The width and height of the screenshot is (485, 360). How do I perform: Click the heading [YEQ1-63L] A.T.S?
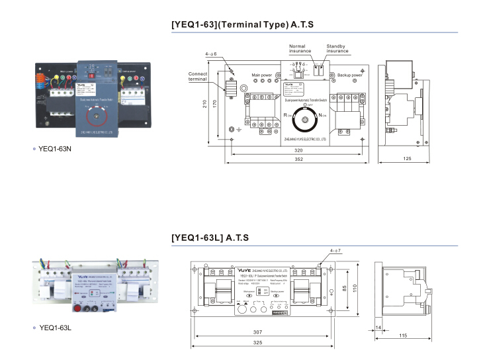tap(210, 238)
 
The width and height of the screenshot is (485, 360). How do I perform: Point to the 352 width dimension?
tap(298, 159)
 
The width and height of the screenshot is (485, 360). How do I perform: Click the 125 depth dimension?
tap(407, 159)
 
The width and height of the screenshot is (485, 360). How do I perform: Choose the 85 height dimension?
tap(345, 288)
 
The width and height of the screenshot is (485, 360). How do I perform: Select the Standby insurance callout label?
tap(337, 48)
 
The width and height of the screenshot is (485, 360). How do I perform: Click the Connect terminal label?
tap(198, 76)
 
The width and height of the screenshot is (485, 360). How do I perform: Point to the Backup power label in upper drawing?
tap(349, 76)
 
